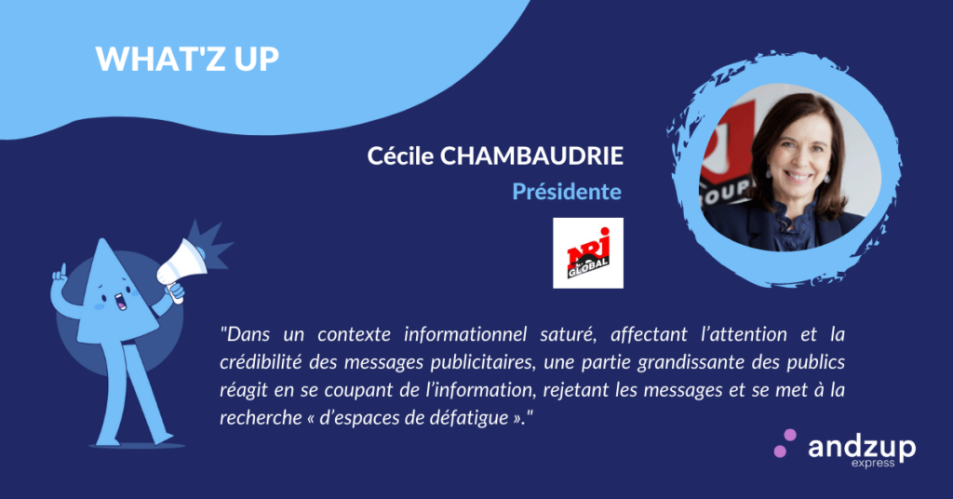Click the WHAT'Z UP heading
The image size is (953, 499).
click(187, 59)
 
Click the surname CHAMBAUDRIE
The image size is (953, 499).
click(531, 156)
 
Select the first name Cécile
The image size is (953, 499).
click(400, 156)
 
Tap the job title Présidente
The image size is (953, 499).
click(567, 192)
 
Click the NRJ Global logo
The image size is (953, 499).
click(588, 253)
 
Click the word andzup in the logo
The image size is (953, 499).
click(861, 449)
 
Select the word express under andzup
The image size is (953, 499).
click(873, 464)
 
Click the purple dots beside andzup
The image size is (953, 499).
click(785, 443)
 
